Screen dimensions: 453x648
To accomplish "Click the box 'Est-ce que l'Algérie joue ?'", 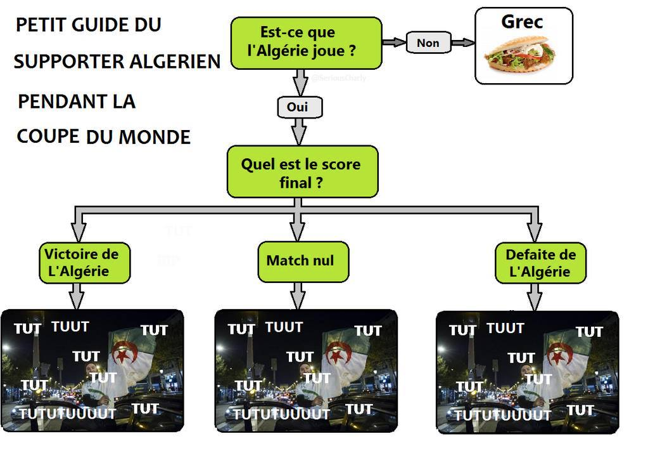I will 306,42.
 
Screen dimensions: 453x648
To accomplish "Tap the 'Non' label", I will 428,43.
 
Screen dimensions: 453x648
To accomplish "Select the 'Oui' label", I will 298,107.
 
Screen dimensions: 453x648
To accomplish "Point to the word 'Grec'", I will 522,22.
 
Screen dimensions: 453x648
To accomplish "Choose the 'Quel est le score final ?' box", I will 302,172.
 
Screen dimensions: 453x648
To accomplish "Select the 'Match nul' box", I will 300,261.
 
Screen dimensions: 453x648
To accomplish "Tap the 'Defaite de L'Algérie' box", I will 540,263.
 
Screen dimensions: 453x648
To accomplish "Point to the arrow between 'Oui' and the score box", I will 298,132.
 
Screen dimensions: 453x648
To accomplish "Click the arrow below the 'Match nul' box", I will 298,296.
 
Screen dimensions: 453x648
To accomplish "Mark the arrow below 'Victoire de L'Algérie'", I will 77,296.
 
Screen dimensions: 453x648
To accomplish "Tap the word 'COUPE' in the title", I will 48,136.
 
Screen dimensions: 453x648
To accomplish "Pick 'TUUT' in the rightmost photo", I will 505,328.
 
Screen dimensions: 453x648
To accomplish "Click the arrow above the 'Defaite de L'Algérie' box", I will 535,226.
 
